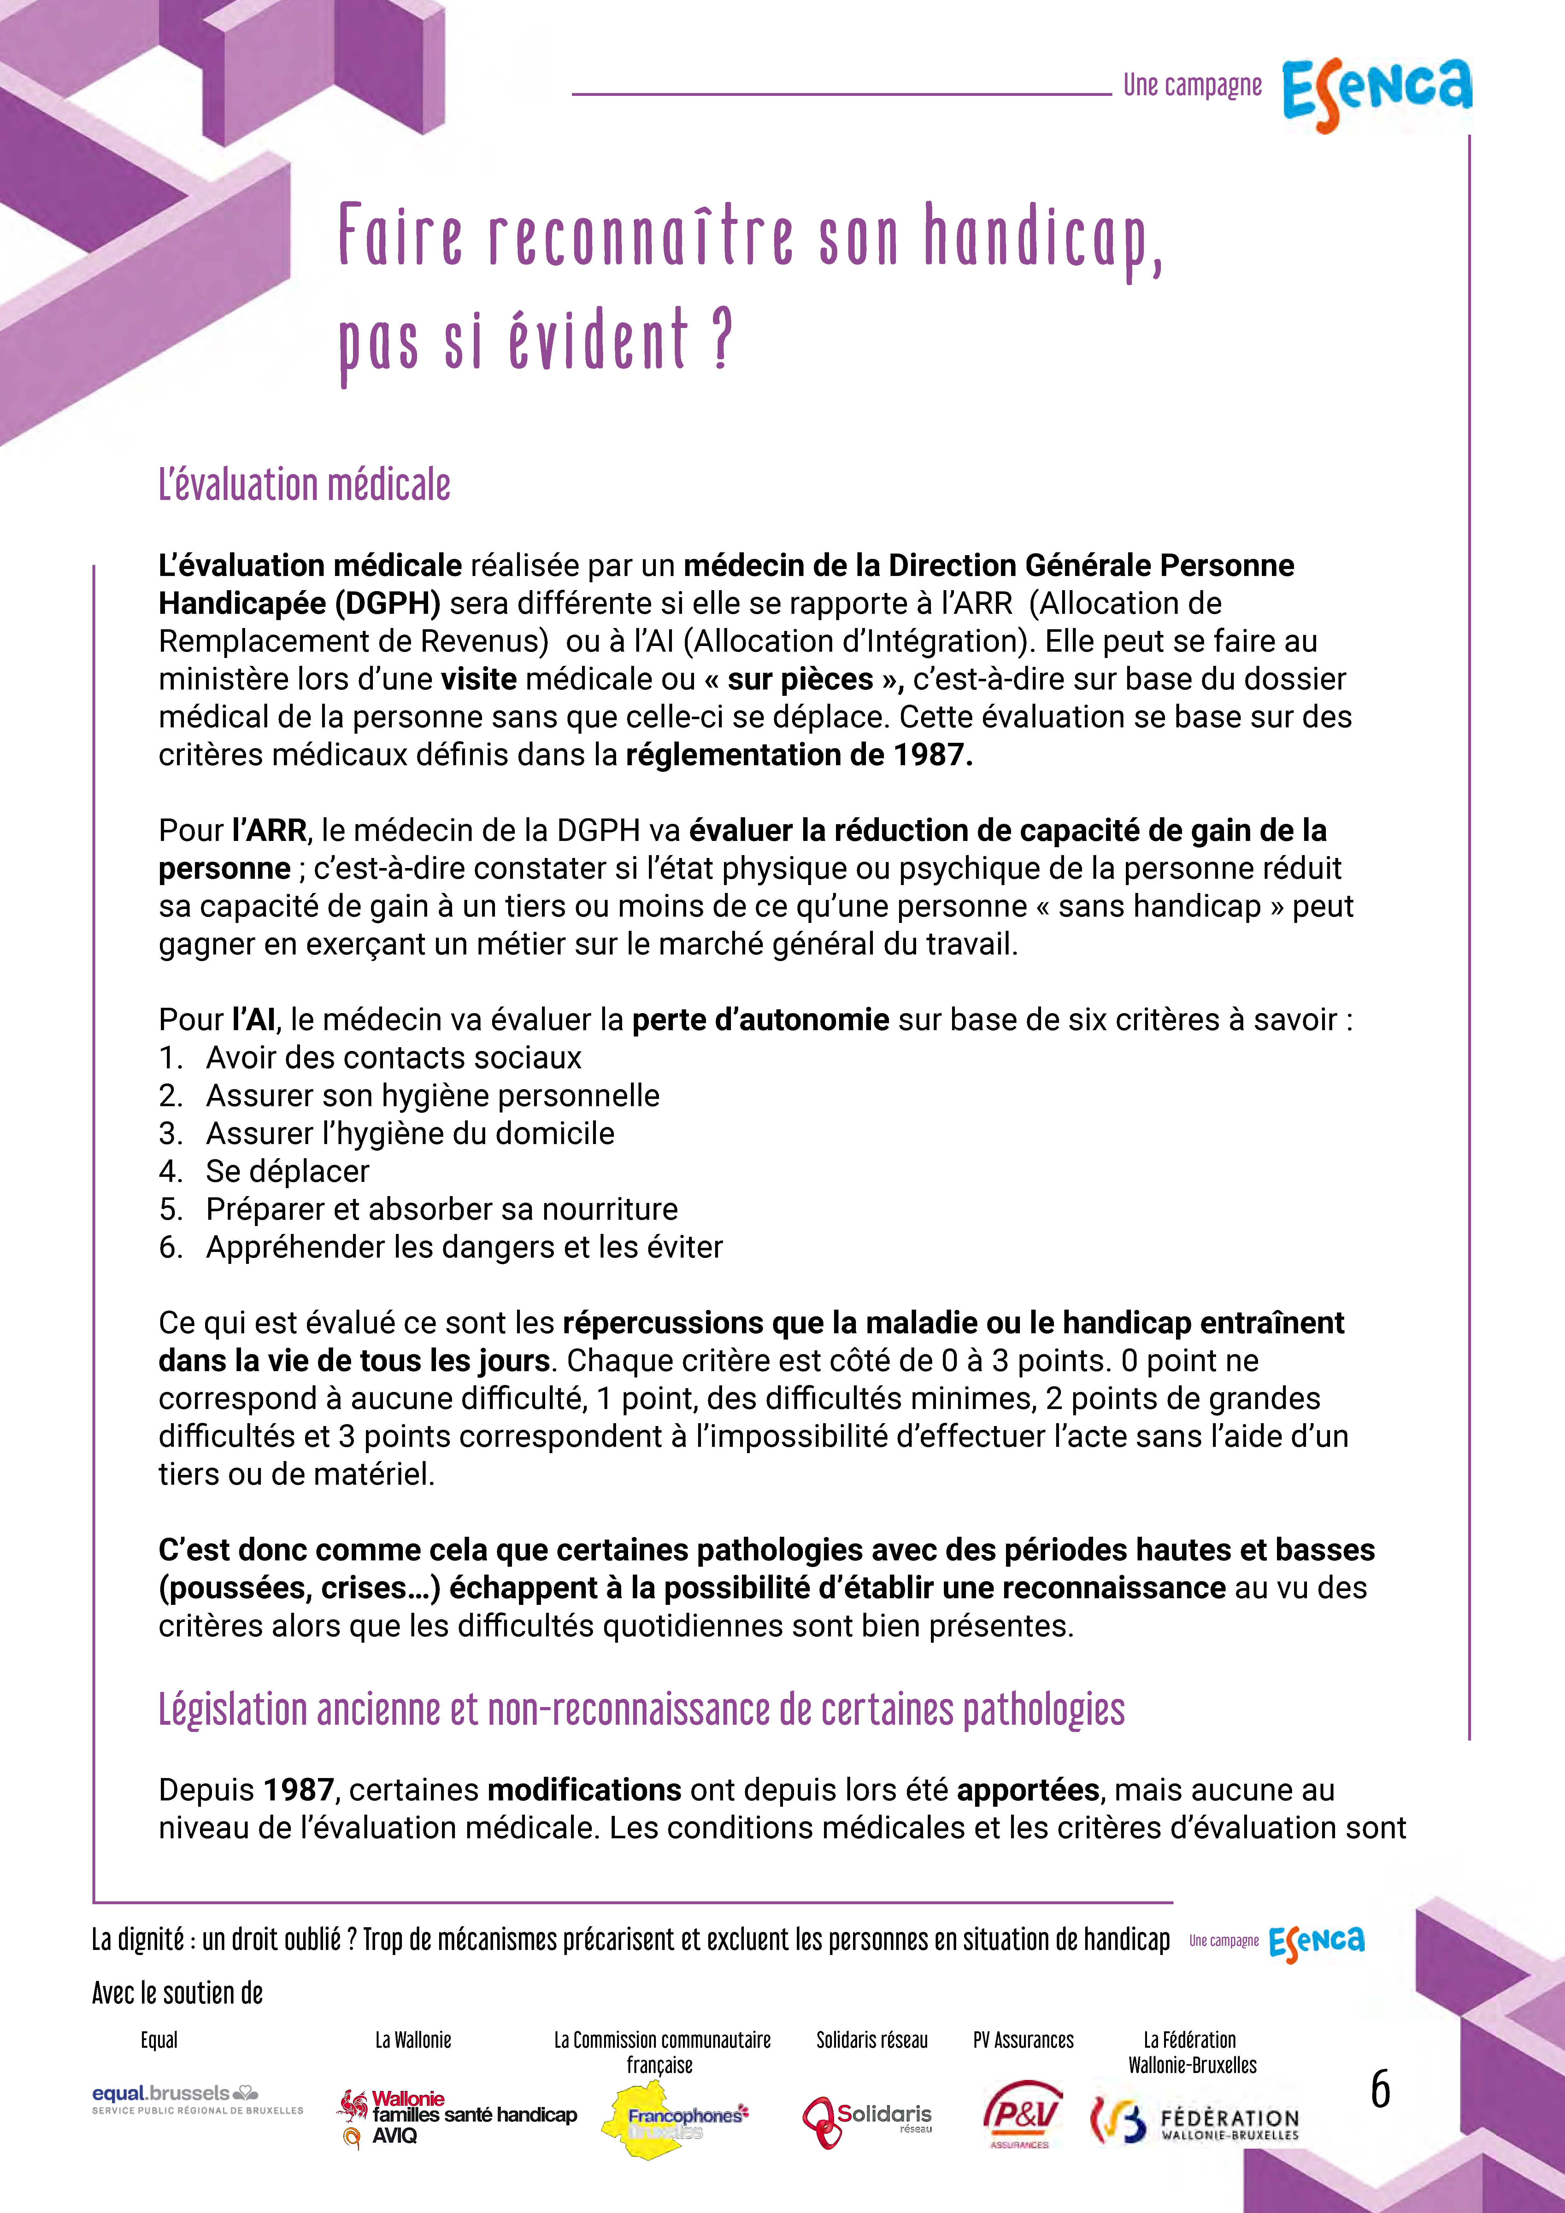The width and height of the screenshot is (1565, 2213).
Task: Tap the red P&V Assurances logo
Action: click(1023, 2116)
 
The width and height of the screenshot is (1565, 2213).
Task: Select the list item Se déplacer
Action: click(287, 1171)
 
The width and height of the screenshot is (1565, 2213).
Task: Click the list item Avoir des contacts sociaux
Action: click(393, 1057)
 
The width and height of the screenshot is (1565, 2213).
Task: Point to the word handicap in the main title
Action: click(1041, 238)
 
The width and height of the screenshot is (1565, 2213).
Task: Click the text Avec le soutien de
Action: click(177, 1993)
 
